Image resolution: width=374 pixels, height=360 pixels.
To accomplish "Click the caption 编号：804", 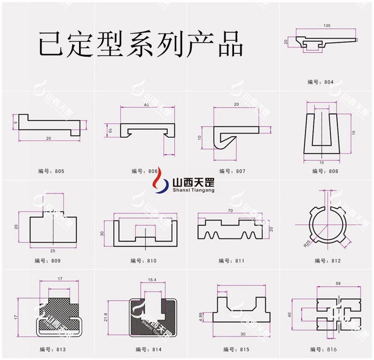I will point(320,82).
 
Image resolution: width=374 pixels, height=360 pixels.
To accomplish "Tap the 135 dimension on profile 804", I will point(326,26).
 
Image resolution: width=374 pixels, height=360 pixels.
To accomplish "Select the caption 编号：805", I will point(51,171).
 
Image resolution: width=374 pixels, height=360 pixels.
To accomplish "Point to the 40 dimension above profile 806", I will point(146,105).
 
